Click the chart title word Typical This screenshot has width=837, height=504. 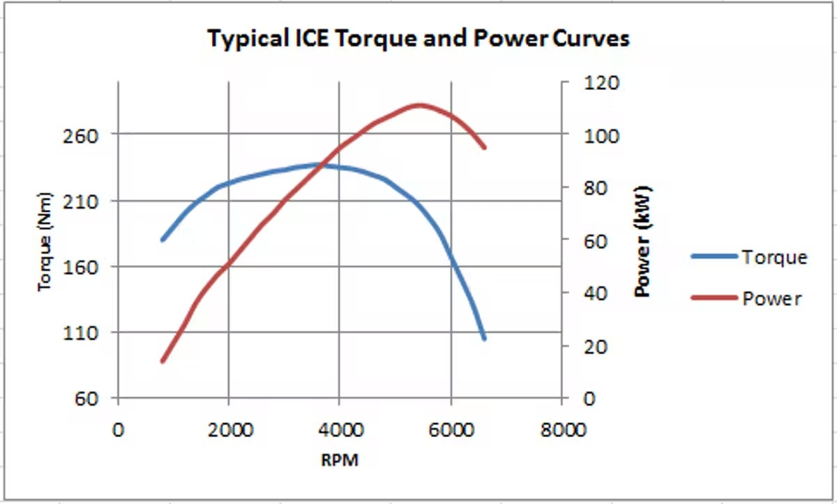tap(246, 38)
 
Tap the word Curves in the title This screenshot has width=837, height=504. tap(591, 38)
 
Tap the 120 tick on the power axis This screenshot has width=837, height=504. tap(601, 83)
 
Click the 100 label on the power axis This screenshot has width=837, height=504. tap(601, 135)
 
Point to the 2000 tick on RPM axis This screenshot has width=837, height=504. tap(229, 429)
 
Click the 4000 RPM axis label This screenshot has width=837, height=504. tap(340, 429)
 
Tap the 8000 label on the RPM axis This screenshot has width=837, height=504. tap(562, 429)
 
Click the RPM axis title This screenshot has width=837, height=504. tap(340, 461)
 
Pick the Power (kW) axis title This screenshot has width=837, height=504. tap(643, 241)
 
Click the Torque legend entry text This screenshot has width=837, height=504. tap(774, 258)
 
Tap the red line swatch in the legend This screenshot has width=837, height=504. tap(714, 298)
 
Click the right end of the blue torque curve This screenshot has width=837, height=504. tap(483, 338)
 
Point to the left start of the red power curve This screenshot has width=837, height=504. tap(163, 361)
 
